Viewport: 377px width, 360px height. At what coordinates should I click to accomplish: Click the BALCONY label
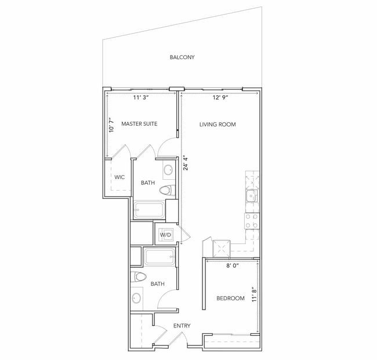182,57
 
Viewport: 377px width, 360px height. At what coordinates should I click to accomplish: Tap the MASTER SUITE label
139,123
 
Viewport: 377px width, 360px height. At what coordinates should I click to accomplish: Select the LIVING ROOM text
217,124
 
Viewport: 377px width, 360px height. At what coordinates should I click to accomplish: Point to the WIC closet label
119,177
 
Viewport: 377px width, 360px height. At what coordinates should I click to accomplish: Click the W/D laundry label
165,235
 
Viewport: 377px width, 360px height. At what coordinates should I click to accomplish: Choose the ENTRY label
182,326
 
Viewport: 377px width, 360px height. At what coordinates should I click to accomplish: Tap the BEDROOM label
230,298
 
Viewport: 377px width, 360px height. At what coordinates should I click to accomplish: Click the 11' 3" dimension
141,97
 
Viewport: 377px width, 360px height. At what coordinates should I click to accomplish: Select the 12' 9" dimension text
220,97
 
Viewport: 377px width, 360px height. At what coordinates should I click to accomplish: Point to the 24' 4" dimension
186,163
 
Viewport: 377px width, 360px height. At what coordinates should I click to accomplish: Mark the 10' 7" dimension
111,125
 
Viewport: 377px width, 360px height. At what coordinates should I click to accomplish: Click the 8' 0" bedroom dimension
232,266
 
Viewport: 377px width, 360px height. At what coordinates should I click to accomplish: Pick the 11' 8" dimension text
255,294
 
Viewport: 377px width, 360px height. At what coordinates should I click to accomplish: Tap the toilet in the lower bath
139,277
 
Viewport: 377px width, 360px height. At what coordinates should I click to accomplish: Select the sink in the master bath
168,170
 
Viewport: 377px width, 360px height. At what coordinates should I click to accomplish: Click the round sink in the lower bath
136,299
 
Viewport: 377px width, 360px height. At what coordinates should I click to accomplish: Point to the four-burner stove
252,221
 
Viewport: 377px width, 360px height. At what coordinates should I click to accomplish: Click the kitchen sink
252,196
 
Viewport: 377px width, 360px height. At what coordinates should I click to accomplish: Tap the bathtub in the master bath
149,210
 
